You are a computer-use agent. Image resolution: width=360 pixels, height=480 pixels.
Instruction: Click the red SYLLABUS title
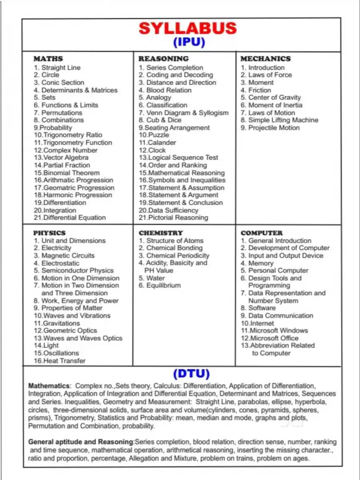pyautogui.click(x=188, y=28)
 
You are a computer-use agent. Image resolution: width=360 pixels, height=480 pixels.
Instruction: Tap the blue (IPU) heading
pyautogui.click(x=189, y=42)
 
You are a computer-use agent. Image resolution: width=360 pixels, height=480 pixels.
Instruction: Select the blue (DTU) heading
pyautogui.click(x=191, y=374)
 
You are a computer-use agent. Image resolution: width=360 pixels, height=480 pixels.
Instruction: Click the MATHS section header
pyautogui.click(x=48, y=59)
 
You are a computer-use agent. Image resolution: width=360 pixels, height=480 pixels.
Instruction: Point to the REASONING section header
pyautogui.click(x=164, y=59)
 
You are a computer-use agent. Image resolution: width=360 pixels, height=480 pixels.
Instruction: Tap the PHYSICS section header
pyautogui.click(x=49, y=233)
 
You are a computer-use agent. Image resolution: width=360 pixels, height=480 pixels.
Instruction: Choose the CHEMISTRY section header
pyautogui.click(x=161, y=233)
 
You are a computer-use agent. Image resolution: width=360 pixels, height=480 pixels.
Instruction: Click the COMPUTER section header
pyautogui.click(x=262, y=233)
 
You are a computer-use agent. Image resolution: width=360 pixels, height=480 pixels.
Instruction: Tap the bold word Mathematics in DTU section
pyautogui.click(x=49, y=386)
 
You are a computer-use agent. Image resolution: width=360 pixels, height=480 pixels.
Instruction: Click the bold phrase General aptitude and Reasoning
pyautogui.click(x=81, y=442)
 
